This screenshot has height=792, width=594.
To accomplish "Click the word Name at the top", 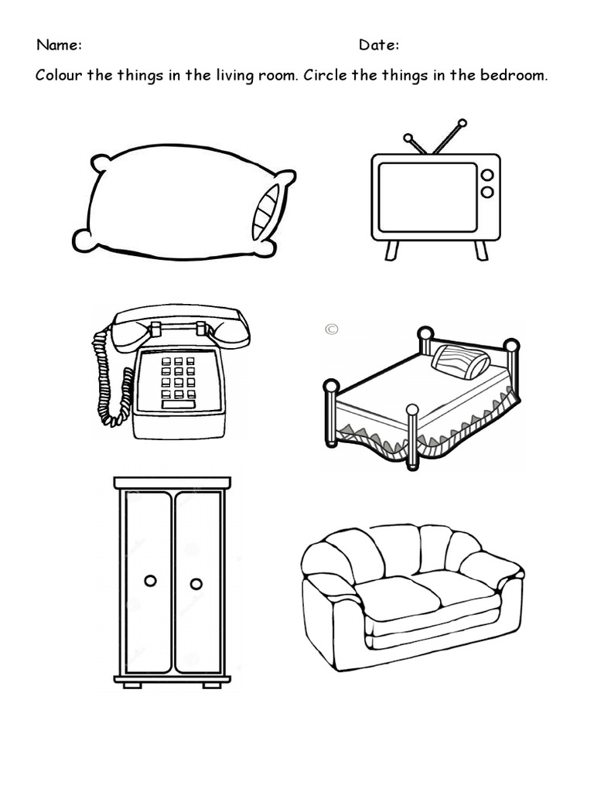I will [58, 45].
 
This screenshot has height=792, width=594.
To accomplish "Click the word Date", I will [377, 45].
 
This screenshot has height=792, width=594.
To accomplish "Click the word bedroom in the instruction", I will [513, 77].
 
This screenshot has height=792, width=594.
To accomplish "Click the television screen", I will [427, 196].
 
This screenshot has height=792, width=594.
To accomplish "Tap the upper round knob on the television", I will [487, 176].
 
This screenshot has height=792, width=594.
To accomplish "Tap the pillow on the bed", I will [460, 361].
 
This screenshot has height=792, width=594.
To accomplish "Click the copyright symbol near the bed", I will [332, 329].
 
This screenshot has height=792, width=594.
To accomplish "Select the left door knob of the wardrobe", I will [150, 580].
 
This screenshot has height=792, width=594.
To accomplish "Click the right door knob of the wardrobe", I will [196, 583].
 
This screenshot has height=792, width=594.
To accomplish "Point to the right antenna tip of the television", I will [462, 122].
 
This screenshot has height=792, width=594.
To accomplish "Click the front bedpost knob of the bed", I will [412, 410].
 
